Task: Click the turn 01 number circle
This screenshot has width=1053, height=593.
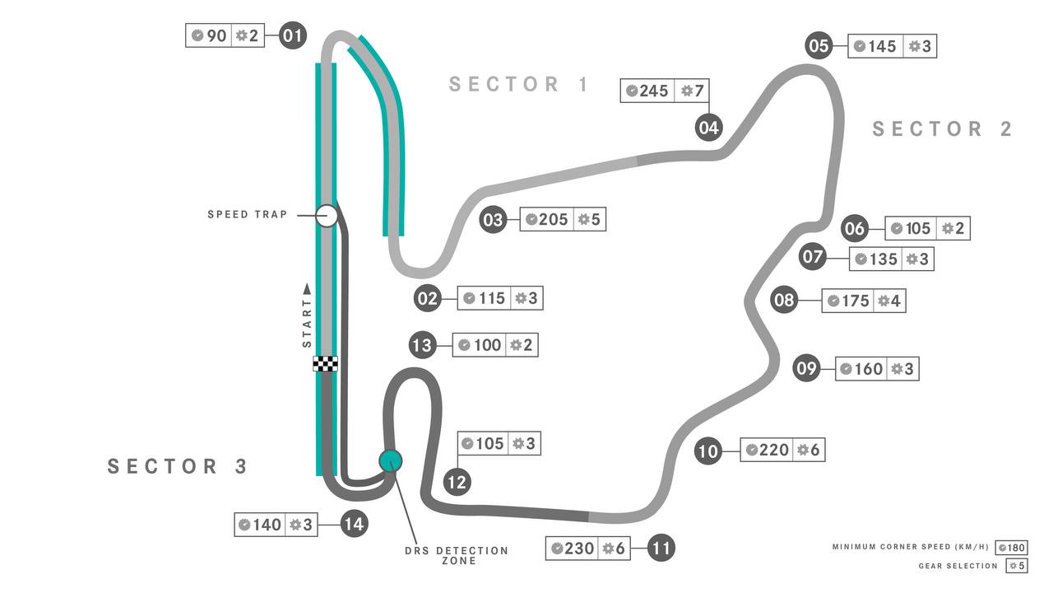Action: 293,35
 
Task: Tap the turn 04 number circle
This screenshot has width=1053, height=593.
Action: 709,128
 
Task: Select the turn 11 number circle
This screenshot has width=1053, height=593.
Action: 661,548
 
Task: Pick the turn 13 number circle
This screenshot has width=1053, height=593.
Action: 422,345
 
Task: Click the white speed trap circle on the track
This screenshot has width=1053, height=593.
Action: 327,216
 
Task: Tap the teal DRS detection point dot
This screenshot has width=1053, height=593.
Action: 391,460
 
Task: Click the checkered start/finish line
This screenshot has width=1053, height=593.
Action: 325,364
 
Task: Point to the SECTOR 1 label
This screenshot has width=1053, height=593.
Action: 519,84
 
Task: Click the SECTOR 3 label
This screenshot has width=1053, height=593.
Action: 177,466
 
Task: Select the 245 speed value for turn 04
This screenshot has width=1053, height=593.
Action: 653,91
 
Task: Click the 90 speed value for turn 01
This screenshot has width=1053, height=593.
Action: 216,35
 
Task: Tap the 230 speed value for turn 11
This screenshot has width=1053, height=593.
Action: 579,549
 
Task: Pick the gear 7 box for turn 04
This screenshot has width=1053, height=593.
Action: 692,91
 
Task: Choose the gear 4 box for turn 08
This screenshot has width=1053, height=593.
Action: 890,301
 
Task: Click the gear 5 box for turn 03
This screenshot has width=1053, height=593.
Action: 590,219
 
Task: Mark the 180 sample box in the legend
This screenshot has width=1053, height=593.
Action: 1012,548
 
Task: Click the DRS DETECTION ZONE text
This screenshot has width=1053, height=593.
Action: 457,556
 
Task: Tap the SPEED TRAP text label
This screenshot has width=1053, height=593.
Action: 248,215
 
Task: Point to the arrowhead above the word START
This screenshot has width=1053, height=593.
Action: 307,288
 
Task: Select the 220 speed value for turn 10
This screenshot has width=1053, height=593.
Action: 774,450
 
